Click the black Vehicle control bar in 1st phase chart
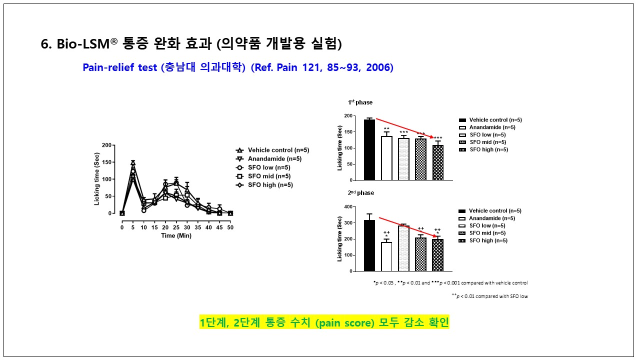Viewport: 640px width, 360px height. (369, 150)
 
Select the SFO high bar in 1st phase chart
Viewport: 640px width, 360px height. (437, 163)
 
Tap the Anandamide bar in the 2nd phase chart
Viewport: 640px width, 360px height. (386, 257)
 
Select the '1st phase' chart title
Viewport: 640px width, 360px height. (360, 102)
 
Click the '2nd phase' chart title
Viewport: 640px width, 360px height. (361, 193)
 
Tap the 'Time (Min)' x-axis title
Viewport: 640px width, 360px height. (176, 236)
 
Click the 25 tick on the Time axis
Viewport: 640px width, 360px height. (176, 227)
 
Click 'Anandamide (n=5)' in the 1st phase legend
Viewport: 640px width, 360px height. (492, 127)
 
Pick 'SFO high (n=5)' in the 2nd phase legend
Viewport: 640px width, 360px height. (488, 240)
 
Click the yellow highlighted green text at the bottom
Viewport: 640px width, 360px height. (324, 322)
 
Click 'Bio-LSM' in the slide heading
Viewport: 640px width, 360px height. (82, 44)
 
